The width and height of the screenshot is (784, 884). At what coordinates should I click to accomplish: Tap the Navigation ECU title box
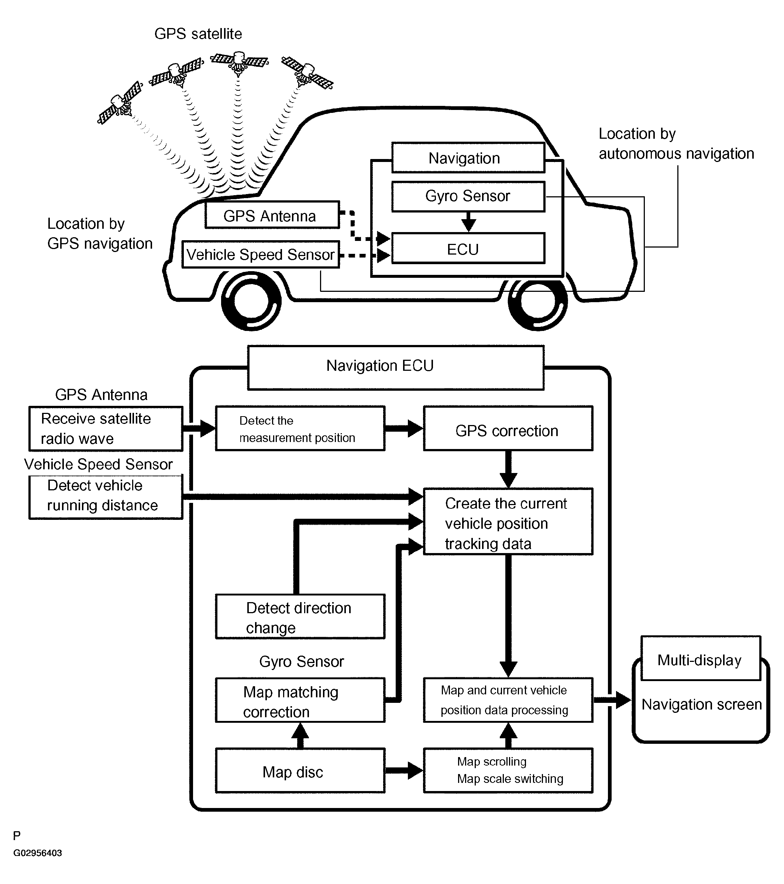tap(395, 367)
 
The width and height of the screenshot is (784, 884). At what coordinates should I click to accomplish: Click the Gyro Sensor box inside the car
tap(468, 197)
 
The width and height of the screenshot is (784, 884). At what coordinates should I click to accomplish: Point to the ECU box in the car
tap(468, 248)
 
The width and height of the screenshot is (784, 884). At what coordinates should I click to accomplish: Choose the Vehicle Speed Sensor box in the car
tap(261, 254)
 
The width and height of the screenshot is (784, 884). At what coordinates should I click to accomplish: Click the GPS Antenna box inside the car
tap(272, 215)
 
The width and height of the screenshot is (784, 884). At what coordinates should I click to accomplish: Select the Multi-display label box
tap(700, 658)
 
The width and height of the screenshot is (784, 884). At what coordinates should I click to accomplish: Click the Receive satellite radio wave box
tap(106, 429)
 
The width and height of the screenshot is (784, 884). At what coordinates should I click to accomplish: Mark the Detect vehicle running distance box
tap(106, 497)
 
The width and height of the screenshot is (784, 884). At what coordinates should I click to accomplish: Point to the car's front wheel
tap(251, 301)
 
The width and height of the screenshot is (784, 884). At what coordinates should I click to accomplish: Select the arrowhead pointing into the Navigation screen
tap(623, 700)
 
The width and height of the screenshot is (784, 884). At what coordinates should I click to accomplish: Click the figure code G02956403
tap(38, 853)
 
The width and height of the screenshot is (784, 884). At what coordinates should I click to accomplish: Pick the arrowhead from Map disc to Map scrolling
tap(415, 770)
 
